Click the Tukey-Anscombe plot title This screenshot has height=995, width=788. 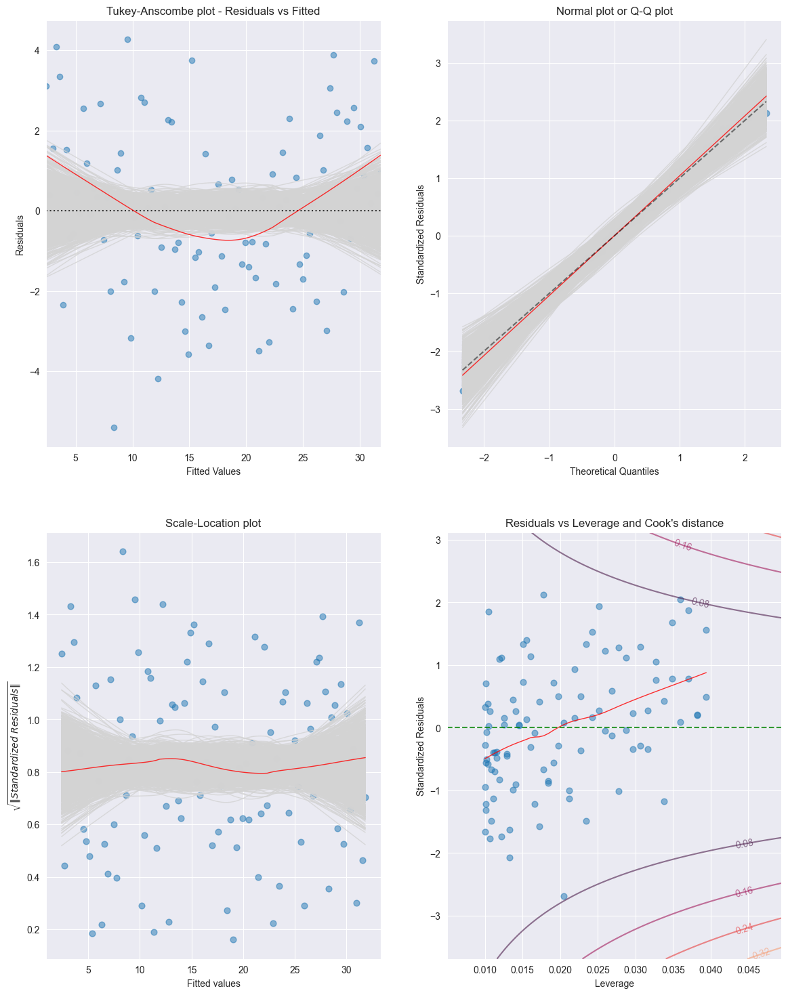click(x=213, y=11)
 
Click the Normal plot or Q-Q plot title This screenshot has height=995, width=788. click(x=614, y=11)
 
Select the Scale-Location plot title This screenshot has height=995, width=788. click(x=213, y=523)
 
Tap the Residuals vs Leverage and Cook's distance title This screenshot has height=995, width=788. click(x=614, y=523)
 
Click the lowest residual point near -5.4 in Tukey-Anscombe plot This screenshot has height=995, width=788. click(x=114, y=427)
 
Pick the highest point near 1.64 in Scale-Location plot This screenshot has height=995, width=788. click(x=123, y=551)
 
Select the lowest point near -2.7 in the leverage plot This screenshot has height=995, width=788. click(x=564, y=896)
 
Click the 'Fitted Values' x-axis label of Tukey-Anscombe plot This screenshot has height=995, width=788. click(x=213, y=471)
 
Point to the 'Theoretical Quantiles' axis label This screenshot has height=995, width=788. click(x=614, y=471)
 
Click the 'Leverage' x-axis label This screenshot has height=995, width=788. click(x=614, y=983)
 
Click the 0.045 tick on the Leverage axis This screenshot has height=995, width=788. click(x=749, y=970)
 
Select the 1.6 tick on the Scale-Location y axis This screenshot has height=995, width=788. click(x=34, y=563)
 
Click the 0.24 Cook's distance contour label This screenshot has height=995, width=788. click(x=744, y=929)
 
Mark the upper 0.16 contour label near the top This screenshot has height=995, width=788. click(x=683, y=545)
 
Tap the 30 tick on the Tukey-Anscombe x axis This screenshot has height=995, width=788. click(x=359, y=458)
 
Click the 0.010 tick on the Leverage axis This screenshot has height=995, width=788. click(x=485, y=970)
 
